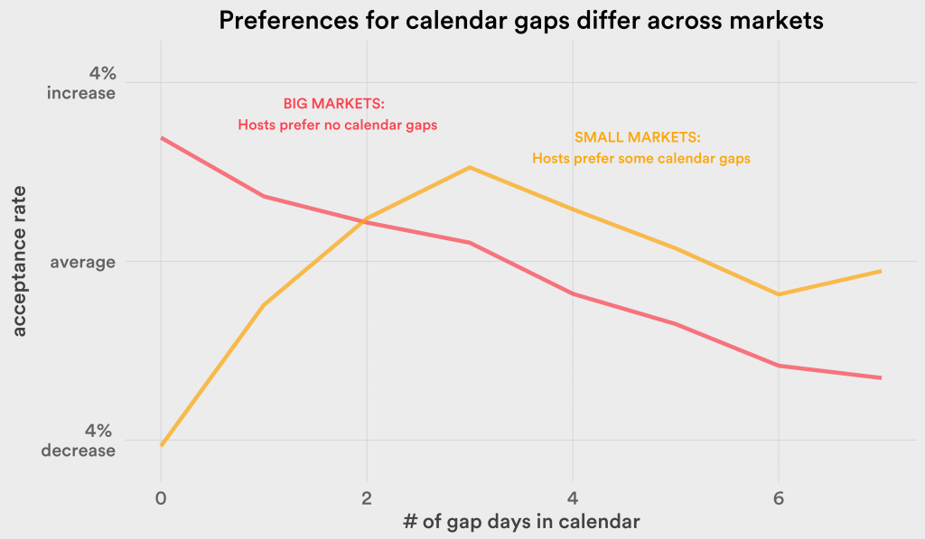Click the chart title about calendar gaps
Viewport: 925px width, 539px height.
(521, 21)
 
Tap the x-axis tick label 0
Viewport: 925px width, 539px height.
(161, 498)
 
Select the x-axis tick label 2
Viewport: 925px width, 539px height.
(367, 498)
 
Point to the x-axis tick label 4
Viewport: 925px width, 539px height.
(572, 498)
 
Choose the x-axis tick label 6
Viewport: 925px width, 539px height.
(779, 498)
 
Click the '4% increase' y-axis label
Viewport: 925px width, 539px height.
(81, 83)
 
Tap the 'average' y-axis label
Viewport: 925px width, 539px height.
(82, 261)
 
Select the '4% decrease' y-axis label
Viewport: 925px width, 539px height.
(79, 441)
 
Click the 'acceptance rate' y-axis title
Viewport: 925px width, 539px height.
(20, 261)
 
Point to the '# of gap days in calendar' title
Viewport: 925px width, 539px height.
(521, 521)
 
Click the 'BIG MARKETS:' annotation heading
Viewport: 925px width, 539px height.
(334, 104)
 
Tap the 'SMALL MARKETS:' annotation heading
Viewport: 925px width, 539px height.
(638, 137)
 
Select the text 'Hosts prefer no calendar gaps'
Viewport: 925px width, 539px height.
(338, 125)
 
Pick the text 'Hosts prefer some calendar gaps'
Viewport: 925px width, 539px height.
(641, 159)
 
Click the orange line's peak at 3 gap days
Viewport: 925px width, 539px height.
(470, 168)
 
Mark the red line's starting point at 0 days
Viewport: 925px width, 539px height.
(161, 138)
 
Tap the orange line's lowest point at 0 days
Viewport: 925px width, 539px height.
(161, 445)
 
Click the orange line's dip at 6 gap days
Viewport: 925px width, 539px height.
(779, 294)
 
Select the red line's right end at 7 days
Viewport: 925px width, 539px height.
(881, 378)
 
